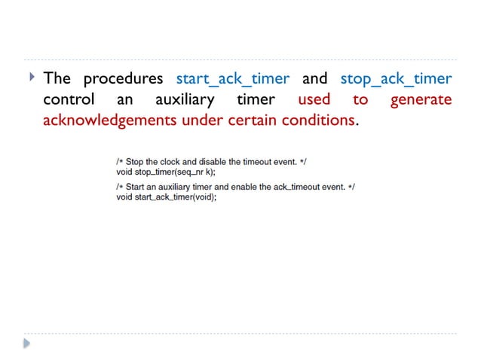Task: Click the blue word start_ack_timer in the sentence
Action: tap(232, 79)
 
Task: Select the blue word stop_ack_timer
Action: tap(396, 79)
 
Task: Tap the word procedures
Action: tap(123, 79)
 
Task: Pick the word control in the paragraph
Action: tap(69, 100)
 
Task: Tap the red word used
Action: tap(314, 100)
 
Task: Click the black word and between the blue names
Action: tap(314, 79)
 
